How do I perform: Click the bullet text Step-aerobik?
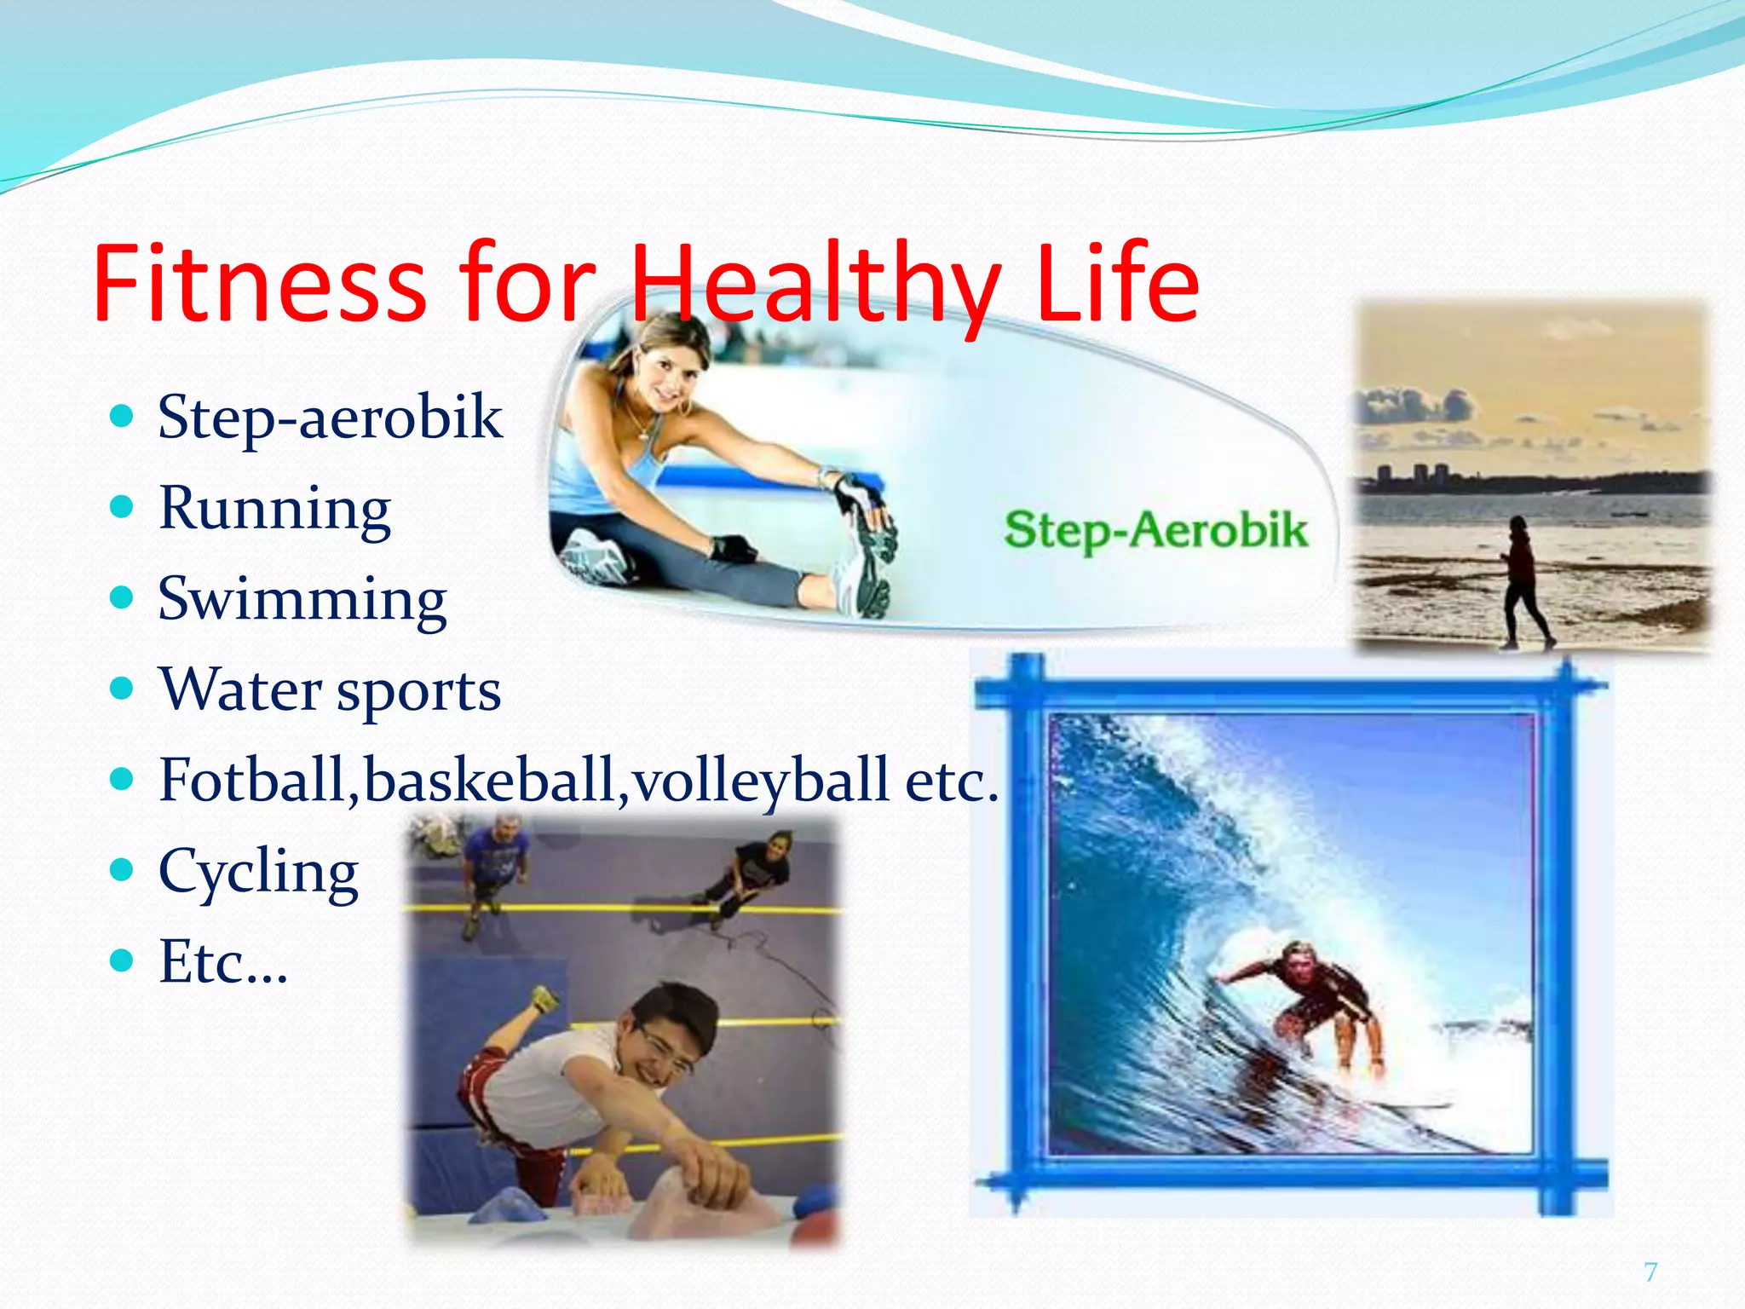point(330,417)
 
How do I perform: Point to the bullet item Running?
point(274,508)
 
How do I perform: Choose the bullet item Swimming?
point(302,598)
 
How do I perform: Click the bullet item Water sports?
point(330,689)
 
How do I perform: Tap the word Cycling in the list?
point(258,871)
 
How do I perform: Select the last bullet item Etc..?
point(223,962)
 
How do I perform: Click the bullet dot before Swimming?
point(123,597)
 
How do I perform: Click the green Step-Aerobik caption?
point(1155,530)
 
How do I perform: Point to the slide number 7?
point(1650,1272)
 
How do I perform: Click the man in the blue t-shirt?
point(493,861)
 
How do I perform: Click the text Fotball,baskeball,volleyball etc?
point(578,780)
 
